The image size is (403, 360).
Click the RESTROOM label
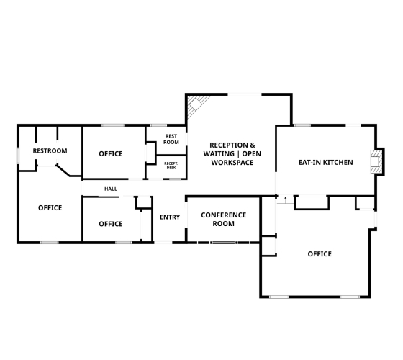point(50,150)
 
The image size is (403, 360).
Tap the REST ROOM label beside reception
point(171,139)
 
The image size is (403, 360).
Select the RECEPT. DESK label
point(171,166)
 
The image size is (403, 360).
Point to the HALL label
point(111,189)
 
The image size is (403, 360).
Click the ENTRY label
point(170,217)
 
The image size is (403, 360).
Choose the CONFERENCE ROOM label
point(224,220)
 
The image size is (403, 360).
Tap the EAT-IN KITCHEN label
point(325,163)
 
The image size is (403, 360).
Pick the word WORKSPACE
point(232,163)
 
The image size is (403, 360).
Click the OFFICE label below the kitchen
point(320,254)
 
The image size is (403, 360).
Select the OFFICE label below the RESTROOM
point(50,208)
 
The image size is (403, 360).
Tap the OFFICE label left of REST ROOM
point(111,154)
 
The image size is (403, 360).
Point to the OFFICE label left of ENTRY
point(111,224)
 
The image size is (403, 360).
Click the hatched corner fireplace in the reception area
point(196,104)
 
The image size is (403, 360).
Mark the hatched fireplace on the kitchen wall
point(376,162)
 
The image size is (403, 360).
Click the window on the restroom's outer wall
point(18,156)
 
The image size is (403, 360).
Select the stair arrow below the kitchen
point(285,200)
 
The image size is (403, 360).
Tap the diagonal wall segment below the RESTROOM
point(63,171)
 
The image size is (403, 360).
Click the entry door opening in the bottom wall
point(163,243)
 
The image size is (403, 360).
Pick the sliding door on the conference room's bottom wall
point(223,243)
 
